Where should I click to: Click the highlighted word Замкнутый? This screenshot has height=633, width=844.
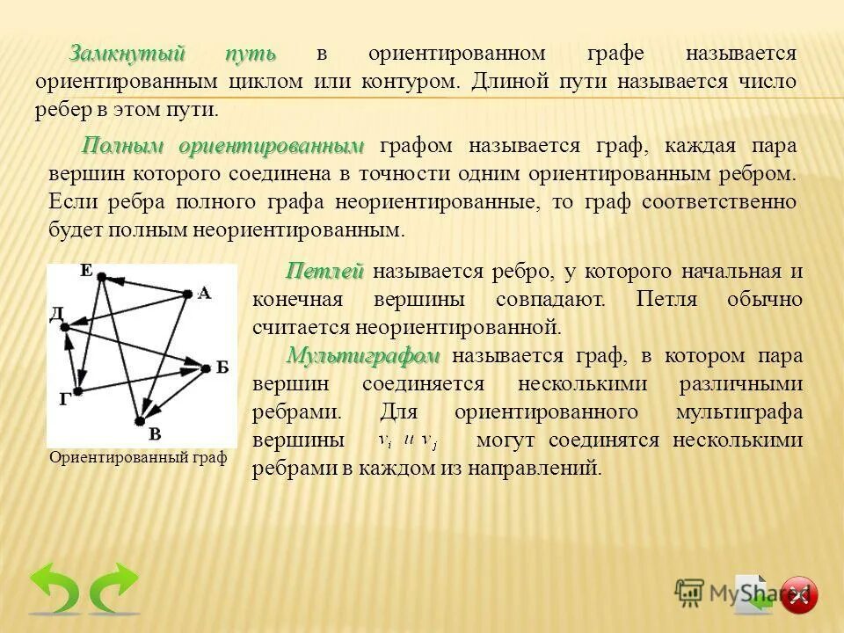127,53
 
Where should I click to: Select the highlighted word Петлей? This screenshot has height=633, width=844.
324,271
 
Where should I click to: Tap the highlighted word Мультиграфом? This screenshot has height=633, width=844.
362,355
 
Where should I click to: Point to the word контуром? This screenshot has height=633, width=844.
408,81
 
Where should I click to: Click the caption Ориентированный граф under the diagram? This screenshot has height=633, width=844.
139,457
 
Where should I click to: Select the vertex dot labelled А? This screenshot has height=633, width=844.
186,295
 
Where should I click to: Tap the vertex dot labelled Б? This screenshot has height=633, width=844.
207,367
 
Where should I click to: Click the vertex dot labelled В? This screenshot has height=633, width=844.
139,421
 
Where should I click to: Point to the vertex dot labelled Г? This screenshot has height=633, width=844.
77,390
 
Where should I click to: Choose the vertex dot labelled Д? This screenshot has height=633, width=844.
64,325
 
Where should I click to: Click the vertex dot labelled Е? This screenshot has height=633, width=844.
102,277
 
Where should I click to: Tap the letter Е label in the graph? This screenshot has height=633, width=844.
86,269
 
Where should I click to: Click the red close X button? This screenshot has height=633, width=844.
798,595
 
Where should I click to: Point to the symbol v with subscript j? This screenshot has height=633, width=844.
429,440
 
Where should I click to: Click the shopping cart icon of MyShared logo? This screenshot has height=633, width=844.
689,592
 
